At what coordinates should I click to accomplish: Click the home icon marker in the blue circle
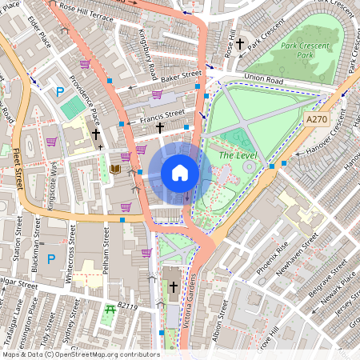tap(180, 173)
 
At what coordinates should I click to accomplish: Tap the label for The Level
tap(237, 155)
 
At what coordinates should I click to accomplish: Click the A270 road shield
tap(317, 118)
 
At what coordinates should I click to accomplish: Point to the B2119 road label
tap(129, 306)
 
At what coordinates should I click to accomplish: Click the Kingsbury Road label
tap(146, 62)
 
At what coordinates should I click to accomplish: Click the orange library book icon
tap(115, 169)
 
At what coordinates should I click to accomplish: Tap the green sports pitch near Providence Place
tap(72, 106)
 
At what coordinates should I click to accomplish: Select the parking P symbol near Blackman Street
tap(51, 258)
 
